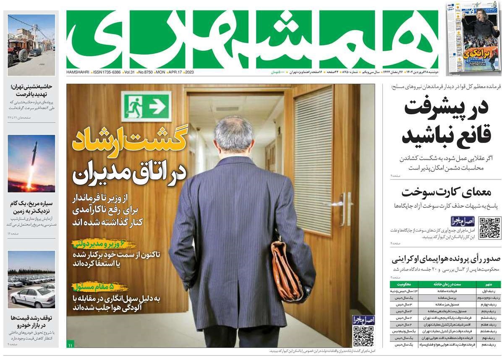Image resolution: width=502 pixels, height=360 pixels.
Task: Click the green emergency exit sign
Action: click(146, 106)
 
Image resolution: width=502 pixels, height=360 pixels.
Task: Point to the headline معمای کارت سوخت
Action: click(446, 192)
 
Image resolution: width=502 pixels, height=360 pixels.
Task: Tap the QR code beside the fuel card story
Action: click(490, 228)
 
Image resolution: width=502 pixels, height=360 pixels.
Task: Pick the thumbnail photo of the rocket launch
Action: click(31, 163)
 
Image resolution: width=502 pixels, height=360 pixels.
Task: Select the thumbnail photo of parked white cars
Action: click(31, 279)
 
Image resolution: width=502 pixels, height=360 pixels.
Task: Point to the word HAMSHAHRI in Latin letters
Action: click(78, 73)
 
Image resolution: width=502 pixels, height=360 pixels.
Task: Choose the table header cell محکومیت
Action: click(403, 284)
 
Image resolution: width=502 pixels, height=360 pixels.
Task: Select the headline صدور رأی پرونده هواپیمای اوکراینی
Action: click(446, 259)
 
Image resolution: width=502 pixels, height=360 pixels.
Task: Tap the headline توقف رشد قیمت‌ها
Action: click(31, 321)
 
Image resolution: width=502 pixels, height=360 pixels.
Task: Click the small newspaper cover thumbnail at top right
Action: click(474, 37)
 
